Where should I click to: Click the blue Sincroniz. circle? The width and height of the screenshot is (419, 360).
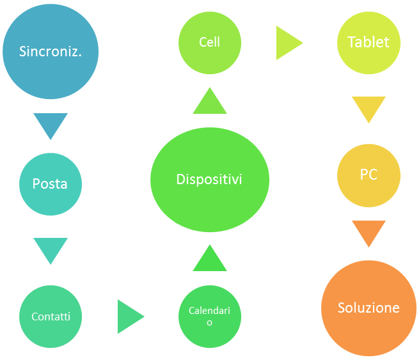(51, 51)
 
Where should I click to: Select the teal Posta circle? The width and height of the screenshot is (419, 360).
(50, 184)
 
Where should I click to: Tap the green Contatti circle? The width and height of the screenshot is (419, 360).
(51, 316)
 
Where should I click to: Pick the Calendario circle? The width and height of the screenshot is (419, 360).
(209, 316)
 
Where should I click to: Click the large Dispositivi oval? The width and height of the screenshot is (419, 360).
(209, 179)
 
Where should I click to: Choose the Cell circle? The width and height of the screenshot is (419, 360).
(209, 43)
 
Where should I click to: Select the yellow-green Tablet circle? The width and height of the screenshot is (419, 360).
(368, 43)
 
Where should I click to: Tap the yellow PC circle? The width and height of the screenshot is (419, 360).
(368, 175)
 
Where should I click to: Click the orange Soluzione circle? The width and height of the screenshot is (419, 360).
(368, 308)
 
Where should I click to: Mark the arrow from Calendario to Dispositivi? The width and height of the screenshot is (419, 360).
(209, 259)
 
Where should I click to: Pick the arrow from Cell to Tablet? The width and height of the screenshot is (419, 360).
(288, 43)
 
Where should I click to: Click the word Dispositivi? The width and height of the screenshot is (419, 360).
(209, 180)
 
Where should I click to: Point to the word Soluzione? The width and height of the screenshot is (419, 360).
(368, 308)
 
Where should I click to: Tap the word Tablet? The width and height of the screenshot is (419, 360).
(368, 43)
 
